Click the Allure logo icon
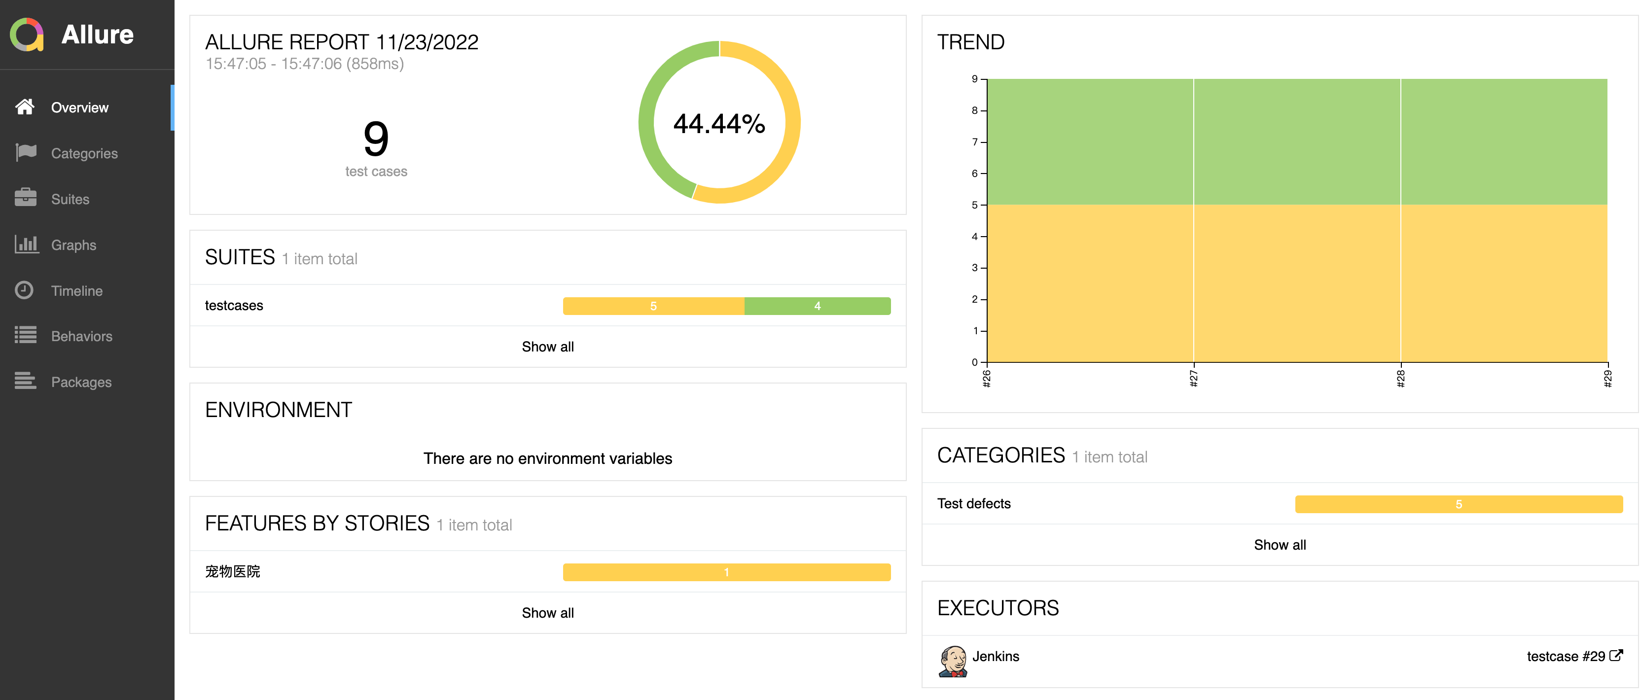[x=27, y=35]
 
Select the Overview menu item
[x=79, y=107]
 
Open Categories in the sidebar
[x=84, y=153]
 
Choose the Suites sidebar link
[x=70, y=199]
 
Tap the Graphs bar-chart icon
[x=26, y=245]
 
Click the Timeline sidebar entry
[x=76, y=291]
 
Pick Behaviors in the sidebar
[x=81, y=336]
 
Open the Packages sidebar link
[x=81, y=382]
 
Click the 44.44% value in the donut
[x=719, y=123]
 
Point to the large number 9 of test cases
[x=376, y=139]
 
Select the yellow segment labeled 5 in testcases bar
[x=653, y=306]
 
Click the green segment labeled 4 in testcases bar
[x=818, y=306]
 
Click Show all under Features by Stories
[x=547, y=613]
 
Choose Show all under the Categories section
[x=1280, y=545]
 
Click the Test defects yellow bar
[x=1458, y=504]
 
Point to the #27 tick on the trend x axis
[x=1194, y=378]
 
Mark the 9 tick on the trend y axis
[x=975, y=79]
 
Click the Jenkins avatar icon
[x=953, y=661]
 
